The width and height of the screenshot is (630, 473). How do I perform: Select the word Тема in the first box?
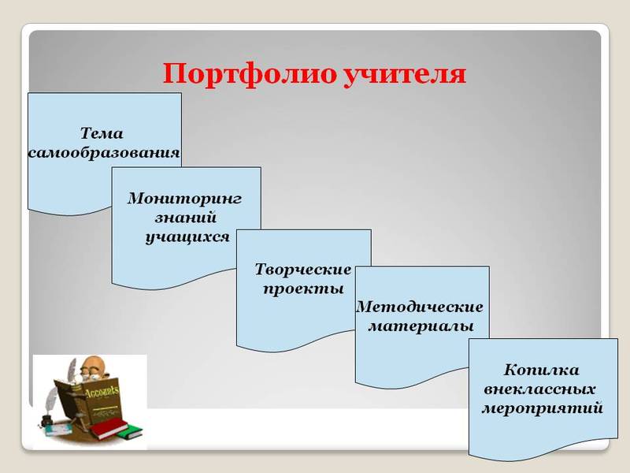click(x=102, y=133)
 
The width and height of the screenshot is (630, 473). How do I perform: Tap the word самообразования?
click(x=104, y=152)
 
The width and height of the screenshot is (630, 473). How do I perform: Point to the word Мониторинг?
click(x=184, y=198)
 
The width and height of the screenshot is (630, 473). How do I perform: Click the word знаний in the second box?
click(x=187, y=217)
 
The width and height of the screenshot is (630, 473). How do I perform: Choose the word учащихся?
click(x=187, y=236)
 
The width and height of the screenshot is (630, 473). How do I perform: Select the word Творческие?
click(x=303, y=270)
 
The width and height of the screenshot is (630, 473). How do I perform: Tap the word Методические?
click(x=420, y=306)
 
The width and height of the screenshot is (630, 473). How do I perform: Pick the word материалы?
click(x=421, y=325)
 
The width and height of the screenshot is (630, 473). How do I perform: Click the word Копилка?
click(x=542, y=370)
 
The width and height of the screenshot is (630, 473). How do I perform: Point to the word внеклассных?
click(x=539, y=389)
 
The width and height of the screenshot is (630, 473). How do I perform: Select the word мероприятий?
click(x=542, y=408)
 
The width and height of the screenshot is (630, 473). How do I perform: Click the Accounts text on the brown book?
click(x=102, y=391)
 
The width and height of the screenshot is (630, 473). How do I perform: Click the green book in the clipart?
click(x=130, y=432)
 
